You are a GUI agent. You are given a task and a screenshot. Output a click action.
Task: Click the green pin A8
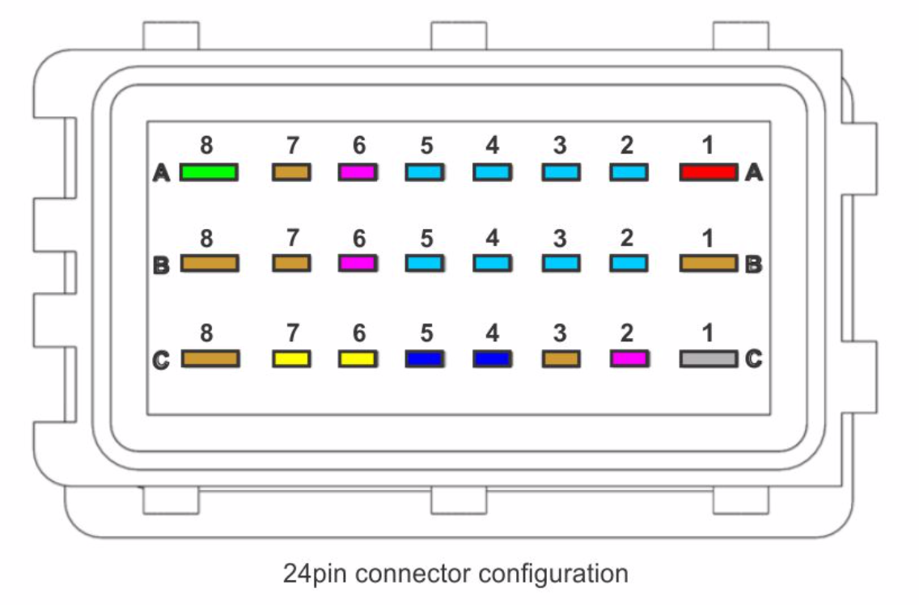tap(209, 172)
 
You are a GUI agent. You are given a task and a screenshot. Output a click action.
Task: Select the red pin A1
tap(709, 172)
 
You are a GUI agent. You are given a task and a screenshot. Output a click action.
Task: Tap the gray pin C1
tap(709, 358)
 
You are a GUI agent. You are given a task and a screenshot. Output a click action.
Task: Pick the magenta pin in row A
tap(358, 172)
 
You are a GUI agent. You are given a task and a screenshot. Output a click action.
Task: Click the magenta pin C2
tap(629, 358)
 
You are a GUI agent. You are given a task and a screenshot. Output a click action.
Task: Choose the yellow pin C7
tap(291, 358)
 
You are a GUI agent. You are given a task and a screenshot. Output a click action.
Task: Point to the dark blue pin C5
tap(424, 358)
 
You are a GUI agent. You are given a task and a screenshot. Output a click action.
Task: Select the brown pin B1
tap(709, 264)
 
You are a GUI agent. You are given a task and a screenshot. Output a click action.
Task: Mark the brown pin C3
tap(561, 358)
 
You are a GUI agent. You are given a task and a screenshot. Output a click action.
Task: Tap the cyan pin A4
tap(492, 172)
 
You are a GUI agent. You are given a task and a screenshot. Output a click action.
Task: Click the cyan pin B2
tap(629, 264)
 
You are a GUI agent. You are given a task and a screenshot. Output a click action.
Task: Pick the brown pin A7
tap(291, 172)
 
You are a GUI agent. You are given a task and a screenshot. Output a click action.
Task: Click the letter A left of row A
tap(162, 173)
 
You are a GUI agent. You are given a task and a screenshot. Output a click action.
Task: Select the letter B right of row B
tap(753, 264)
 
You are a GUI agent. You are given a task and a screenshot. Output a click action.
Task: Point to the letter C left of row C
tap(162, 359)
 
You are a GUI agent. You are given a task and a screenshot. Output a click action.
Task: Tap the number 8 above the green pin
tap(207, 146)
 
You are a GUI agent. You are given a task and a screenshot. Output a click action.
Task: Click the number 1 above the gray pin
tap(708, 332)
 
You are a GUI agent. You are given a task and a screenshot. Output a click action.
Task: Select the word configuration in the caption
tap(553, 574)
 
